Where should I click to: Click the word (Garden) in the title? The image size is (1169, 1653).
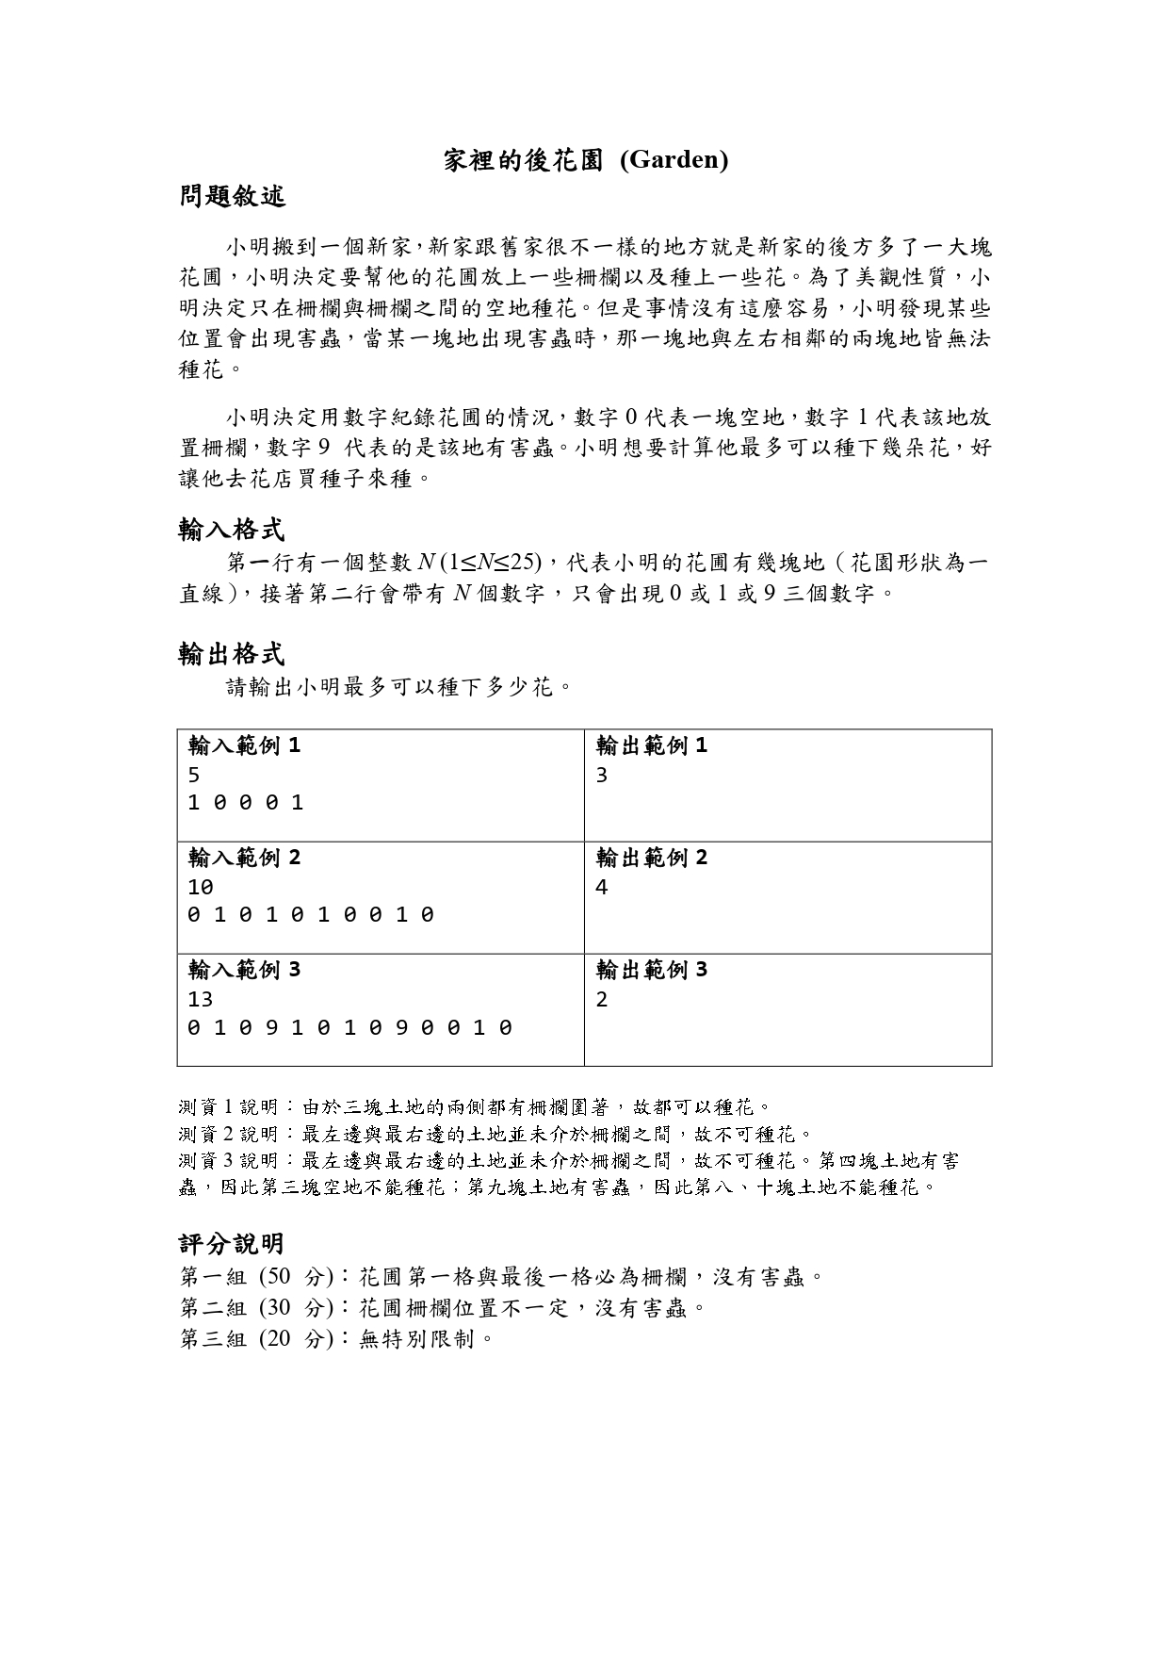674,160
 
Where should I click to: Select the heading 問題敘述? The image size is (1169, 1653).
232,197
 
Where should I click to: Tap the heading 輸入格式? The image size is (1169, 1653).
232,530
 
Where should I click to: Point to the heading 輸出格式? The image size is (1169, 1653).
232,654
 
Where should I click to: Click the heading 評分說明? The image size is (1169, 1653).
232,1244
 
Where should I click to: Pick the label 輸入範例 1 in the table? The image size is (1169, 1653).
244,746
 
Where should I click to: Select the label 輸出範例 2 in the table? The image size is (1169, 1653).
651,858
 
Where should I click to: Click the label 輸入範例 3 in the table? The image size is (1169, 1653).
244,970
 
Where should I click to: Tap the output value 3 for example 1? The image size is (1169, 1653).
602,776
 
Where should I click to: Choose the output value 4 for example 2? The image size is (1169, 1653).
602,887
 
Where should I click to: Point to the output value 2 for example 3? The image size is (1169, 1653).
602,999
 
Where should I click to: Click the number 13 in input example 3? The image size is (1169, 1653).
201,999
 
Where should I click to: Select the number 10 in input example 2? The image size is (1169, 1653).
201,887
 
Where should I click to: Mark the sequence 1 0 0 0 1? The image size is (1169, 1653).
246,803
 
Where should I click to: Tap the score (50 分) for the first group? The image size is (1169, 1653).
296,1278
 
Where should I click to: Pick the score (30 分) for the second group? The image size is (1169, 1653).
296,1308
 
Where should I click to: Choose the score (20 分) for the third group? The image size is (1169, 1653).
296,1339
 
